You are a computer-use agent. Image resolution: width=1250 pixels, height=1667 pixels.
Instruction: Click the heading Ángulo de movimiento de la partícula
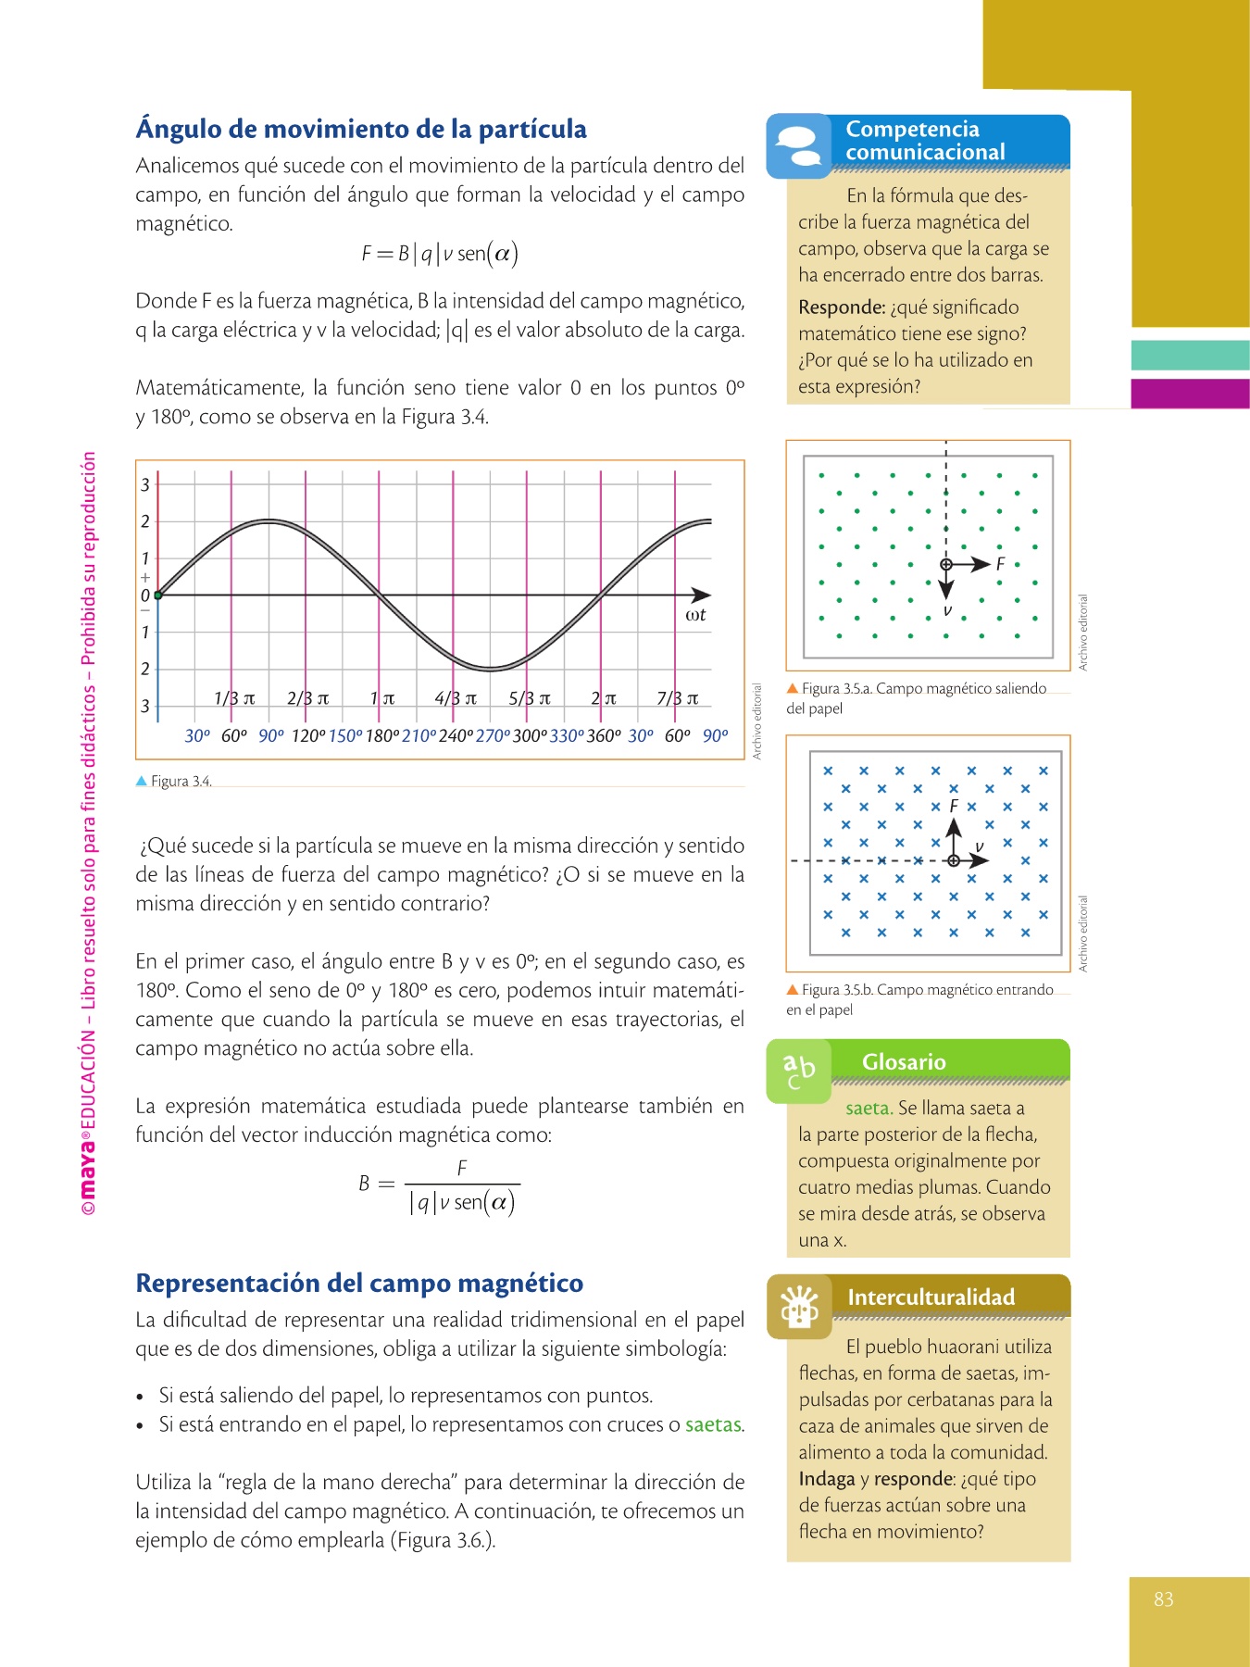pyautogui.click(x=361, y=129)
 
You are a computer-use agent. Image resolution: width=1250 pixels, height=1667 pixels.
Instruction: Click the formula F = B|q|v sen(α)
pyautogui.click(x=440, y=254)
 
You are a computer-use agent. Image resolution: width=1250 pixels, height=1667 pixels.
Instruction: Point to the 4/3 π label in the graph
pyautogui.click(x=456, y=698)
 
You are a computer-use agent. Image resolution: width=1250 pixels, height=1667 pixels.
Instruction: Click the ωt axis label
pyautogui.click(x=695, y=615)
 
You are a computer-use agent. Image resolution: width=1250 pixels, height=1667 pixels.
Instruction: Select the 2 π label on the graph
pyautogui.click(x=603, y=698)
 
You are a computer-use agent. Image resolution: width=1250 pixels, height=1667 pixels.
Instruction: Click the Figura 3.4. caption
pyautogui.click(x=181, y=782)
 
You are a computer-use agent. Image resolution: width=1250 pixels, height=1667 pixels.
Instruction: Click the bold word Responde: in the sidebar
pyautogui.click(x=842, y=307)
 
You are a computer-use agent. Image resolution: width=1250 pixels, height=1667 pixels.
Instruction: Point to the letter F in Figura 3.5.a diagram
pyautogui.click(x=1000, y=564)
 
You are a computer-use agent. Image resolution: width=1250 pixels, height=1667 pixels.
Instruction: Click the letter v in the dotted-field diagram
pyautogui.click(x=947, y=611)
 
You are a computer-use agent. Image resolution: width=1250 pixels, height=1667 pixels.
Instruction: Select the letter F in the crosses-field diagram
pyautogui.click(x=954, y=807)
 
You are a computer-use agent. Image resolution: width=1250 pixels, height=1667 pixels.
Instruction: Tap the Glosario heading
pyautogui.click(x=904, y=1062)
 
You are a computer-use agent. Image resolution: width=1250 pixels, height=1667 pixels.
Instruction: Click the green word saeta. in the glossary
pyautogui.click(x=869, y=1109)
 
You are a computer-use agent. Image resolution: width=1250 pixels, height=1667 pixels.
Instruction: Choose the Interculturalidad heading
pyautogui.click(x=931, y=1297)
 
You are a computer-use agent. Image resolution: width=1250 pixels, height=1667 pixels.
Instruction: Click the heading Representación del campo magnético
pyautogui.click(x=359, y=1284)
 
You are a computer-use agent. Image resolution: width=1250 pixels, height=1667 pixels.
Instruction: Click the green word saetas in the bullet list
pyautogui.click(x=713, y=1424)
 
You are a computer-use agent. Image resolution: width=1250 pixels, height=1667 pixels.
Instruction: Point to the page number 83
pyautogui.click(x=1164, y=1599)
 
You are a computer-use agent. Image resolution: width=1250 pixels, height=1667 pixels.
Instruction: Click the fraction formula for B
pyautogui.click(x=440, y=1186)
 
